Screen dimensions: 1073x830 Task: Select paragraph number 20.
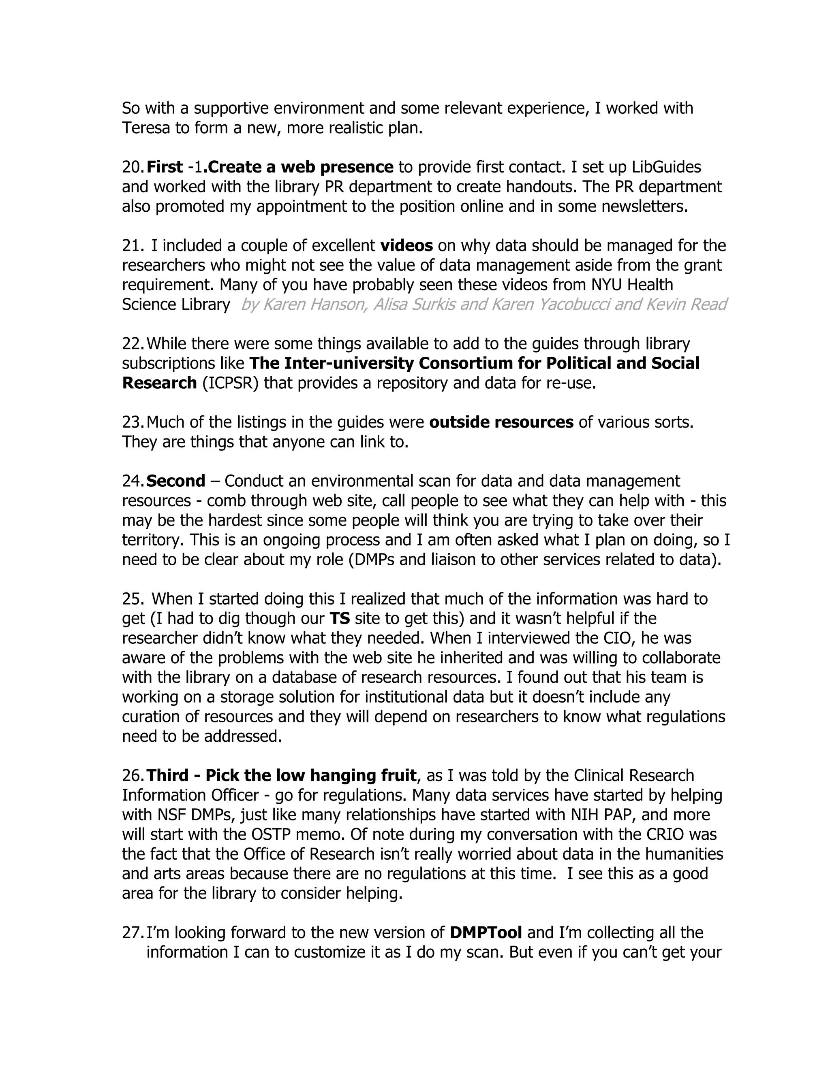coord(133,167)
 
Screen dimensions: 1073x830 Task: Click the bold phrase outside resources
coord(501,422)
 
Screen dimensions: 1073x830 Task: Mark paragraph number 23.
coord(133,422)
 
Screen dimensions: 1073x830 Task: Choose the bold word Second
coord(176,481)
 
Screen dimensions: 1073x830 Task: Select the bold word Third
coord(167,775)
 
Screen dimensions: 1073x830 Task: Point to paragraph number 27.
coord(133,932)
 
